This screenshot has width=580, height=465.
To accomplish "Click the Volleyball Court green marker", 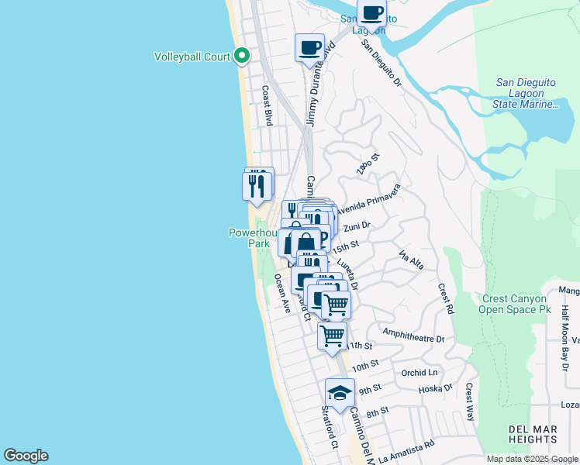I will (x=242, y=56).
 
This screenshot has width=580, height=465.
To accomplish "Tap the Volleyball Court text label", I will (x=192, y=57).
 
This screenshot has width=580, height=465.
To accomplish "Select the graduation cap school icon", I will (x=340, y=393).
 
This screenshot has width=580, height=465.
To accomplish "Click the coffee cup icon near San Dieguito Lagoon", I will (x=371, y=14).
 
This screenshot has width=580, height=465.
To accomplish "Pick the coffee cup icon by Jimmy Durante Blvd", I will (x=309, y=48).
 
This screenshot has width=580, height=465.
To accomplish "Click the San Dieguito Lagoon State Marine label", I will (x=527, y=93).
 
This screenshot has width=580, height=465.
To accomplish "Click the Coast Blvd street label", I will (x=268, y=105).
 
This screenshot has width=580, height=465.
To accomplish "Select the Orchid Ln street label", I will (x=419, y=373).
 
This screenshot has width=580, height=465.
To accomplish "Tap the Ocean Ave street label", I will (x=281, y=296).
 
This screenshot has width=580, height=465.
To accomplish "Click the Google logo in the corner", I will (x=26, y=456).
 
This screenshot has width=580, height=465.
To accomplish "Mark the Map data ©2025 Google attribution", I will (x=532, y=459).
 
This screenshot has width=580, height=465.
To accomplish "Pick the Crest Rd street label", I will (x=446, y=298).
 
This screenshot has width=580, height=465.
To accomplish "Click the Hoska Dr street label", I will (x=435, y=388).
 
